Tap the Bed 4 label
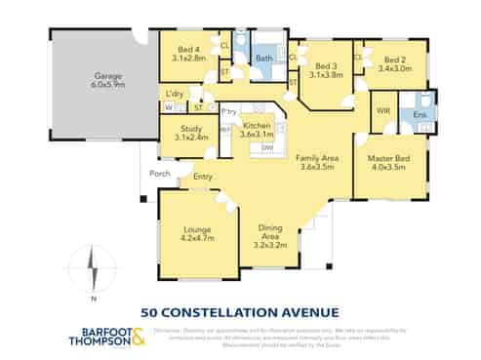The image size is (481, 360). (191, 49)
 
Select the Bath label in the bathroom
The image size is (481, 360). (263, 59)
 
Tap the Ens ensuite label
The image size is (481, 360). (420, 116)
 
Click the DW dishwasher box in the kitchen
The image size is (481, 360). (267, 147)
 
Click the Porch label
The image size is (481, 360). (159, 174)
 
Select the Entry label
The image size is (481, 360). (202, 177)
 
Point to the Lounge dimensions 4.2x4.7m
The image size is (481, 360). (196, 238)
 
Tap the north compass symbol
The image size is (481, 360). (89, 269)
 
